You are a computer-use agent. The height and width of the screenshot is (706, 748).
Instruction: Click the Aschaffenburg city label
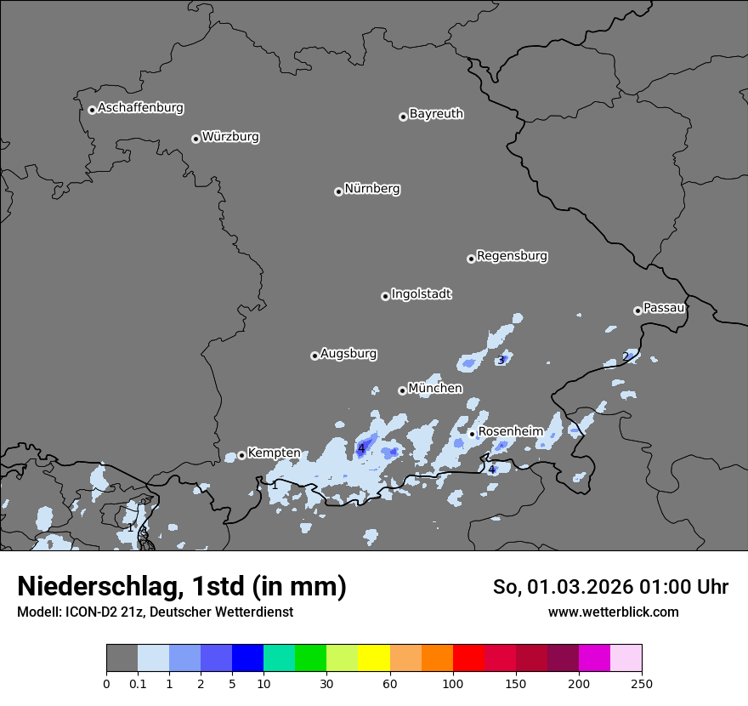140,108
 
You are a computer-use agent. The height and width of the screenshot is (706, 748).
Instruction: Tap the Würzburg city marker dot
195,139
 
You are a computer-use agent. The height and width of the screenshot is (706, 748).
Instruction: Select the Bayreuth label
436,114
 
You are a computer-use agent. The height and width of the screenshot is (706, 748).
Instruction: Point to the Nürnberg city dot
338,191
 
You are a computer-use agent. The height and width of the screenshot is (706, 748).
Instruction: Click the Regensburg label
512,256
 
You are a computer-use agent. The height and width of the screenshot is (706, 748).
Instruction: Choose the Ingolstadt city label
421,294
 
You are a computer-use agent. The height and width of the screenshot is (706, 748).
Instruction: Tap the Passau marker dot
637,310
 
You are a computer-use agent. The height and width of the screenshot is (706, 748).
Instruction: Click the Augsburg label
348,354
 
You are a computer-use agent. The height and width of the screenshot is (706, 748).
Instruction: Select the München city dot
402,391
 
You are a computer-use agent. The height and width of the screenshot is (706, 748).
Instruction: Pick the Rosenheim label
510,432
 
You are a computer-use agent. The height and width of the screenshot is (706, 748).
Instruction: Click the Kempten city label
274,453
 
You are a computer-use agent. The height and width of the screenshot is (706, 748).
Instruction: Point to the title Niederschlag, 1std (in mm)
182,587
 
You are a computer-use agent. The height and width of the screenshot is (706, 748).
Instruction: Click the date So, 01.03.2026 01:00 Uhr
610,587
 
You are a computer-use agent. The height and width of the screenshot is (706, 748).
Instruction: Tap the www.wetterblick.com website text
613,612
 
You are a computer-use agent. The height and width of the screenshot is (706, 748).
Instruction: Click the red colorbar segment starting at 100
468,658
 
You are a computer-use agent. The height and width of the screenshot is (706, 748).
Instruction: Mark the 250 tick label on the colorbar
642,683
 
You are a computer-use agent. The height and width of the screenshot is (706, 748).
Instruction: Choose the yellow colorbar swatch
374,658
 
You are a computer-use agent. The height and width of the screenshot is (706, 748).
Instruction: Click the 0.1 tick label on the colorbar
138,683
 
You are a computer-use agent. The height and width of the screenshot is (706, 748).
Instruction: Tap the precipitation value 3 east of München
501,360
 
